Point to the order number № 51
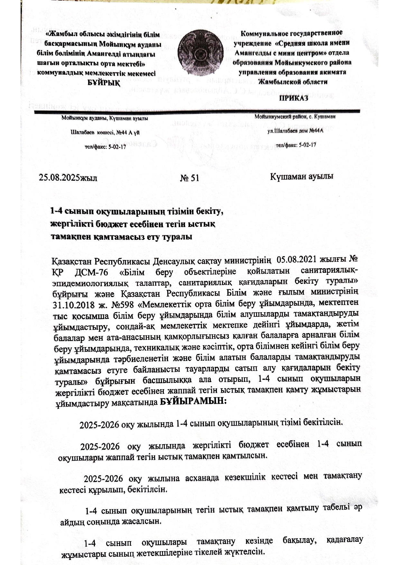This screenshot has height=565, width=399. click(x=190, y=178)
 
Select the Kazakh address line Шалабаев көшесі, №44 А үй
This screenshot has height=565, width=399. click(x=105, y=132)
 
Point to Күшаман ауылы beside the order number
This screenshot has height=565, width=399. click(x=302, y=176)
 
